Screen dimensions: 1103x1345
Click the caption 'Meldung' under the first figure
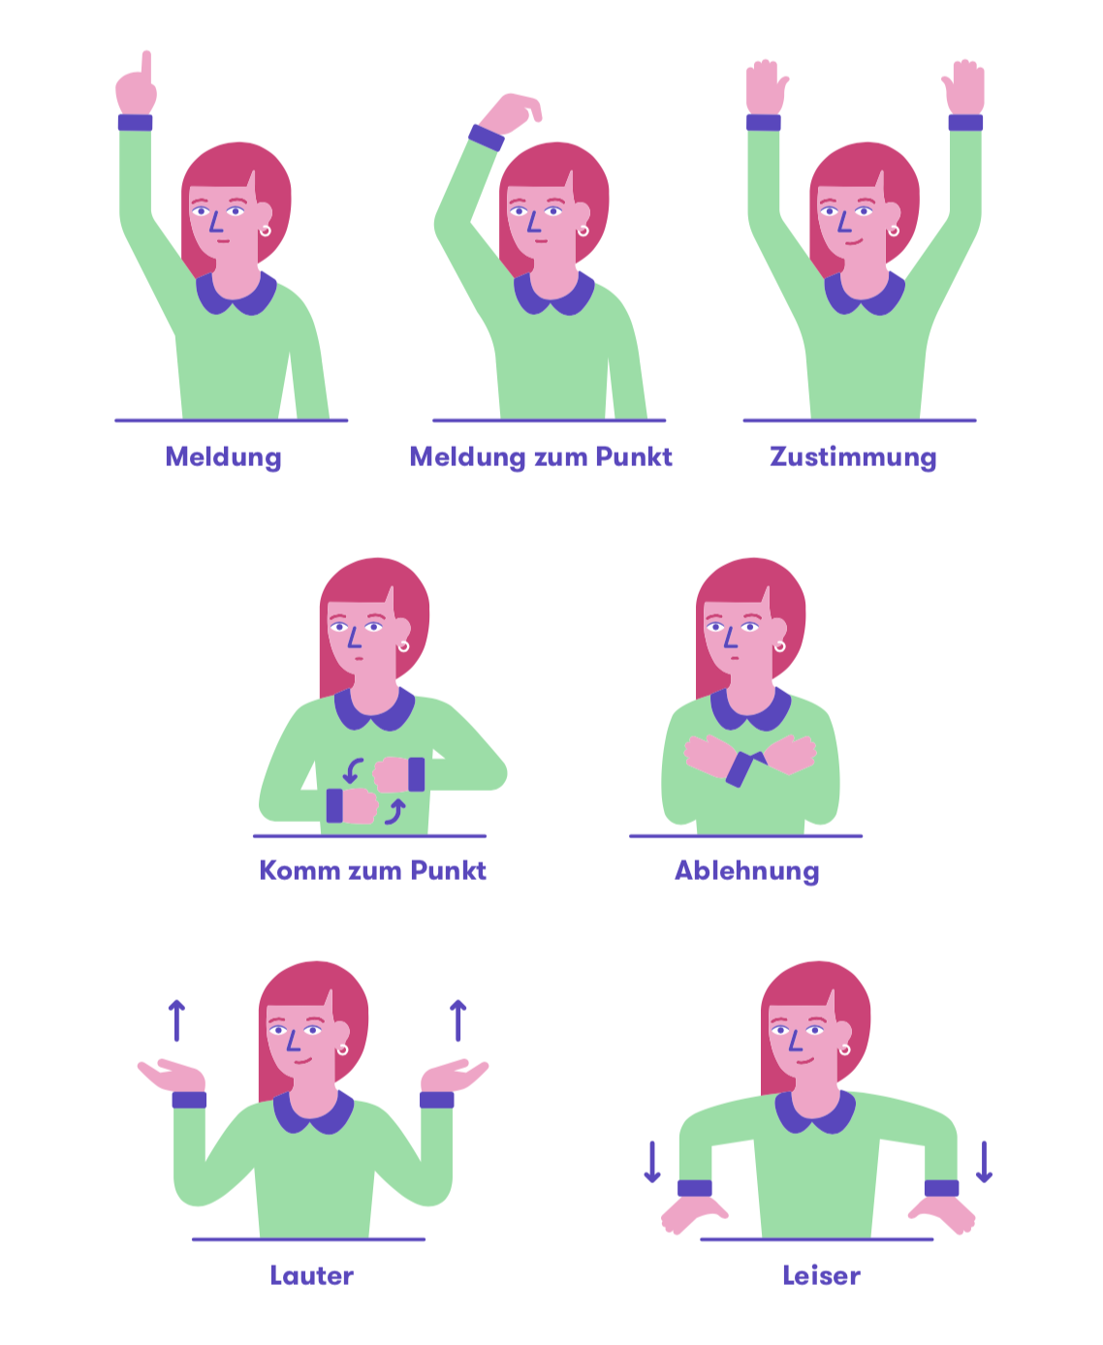[223, 457]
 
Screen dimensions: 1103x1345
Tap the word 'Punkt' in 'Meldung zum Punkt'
[634, 456]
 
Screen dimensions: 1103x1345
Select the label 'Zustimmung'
[853, 457]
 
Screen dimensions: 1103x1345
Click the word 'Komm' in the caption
[299, 870]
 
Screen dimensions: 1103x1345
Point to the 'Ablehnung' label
[746, 870]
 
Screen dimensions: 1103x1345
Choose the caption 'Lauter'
[311, 1275]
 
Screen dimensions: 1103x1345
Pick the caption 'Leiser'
[821, 1275]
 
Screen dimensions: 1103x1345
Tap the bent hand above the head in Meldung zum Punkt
[511, 112]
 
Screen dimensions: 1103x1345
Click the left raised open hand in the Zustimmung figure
[766, 87]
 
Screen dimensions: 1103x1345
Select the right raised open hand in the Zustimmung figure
[964, 87]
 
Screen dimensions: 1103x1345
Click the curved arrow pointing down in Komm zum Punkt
[352, 771]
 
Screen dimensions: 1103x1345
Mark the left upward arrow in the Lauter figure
[176, 1020]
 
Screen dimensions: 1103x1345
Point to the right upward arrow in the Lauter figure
[457, 1020]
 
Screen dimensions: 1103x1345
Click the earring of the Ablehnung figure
[779, 646]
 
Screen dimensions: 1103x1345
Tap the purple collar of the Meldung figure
[236, 295]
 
